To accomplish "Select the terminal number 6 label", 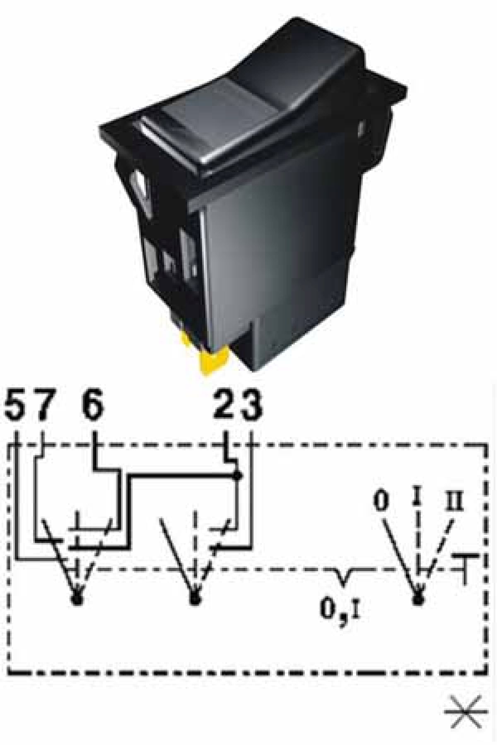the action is point(92,403).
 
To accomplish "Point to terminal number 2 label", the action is point(226,403).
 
